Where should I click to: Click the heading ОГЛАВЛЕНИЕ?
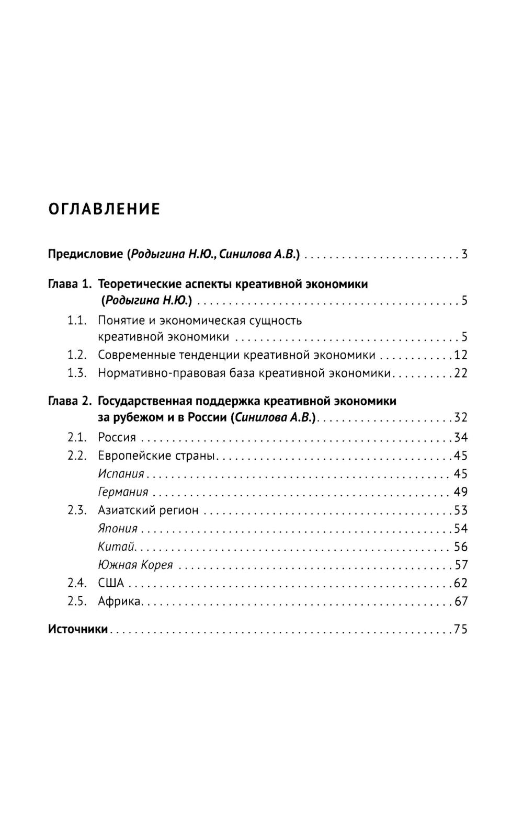coord(104,209)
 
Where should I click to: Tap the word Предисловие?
coord(85,255)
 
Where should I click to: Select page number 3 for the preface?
coord(464,255)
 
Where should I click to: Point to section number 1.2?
coord(76,355)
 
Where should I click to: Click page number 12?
coord(460,355)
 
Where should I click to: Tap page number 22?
coord(460,373)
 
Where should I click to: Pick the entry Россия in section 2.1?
coord(117,437)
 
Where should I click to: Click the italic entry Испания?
coord(121,474)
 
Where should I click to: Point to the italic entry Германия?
coord(123,492)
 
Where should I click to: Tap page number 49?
coord(460,492)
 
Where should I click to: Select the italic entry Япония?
coord(117,528)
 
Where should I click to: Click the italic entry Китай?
coord(116,547)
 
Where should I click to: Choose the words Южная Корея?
coord(135,565)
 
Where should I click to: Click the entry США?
coord(111,583)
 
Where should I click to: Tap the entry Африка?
coord(119,601)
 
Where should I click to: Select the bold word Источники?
coord(77,629)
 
